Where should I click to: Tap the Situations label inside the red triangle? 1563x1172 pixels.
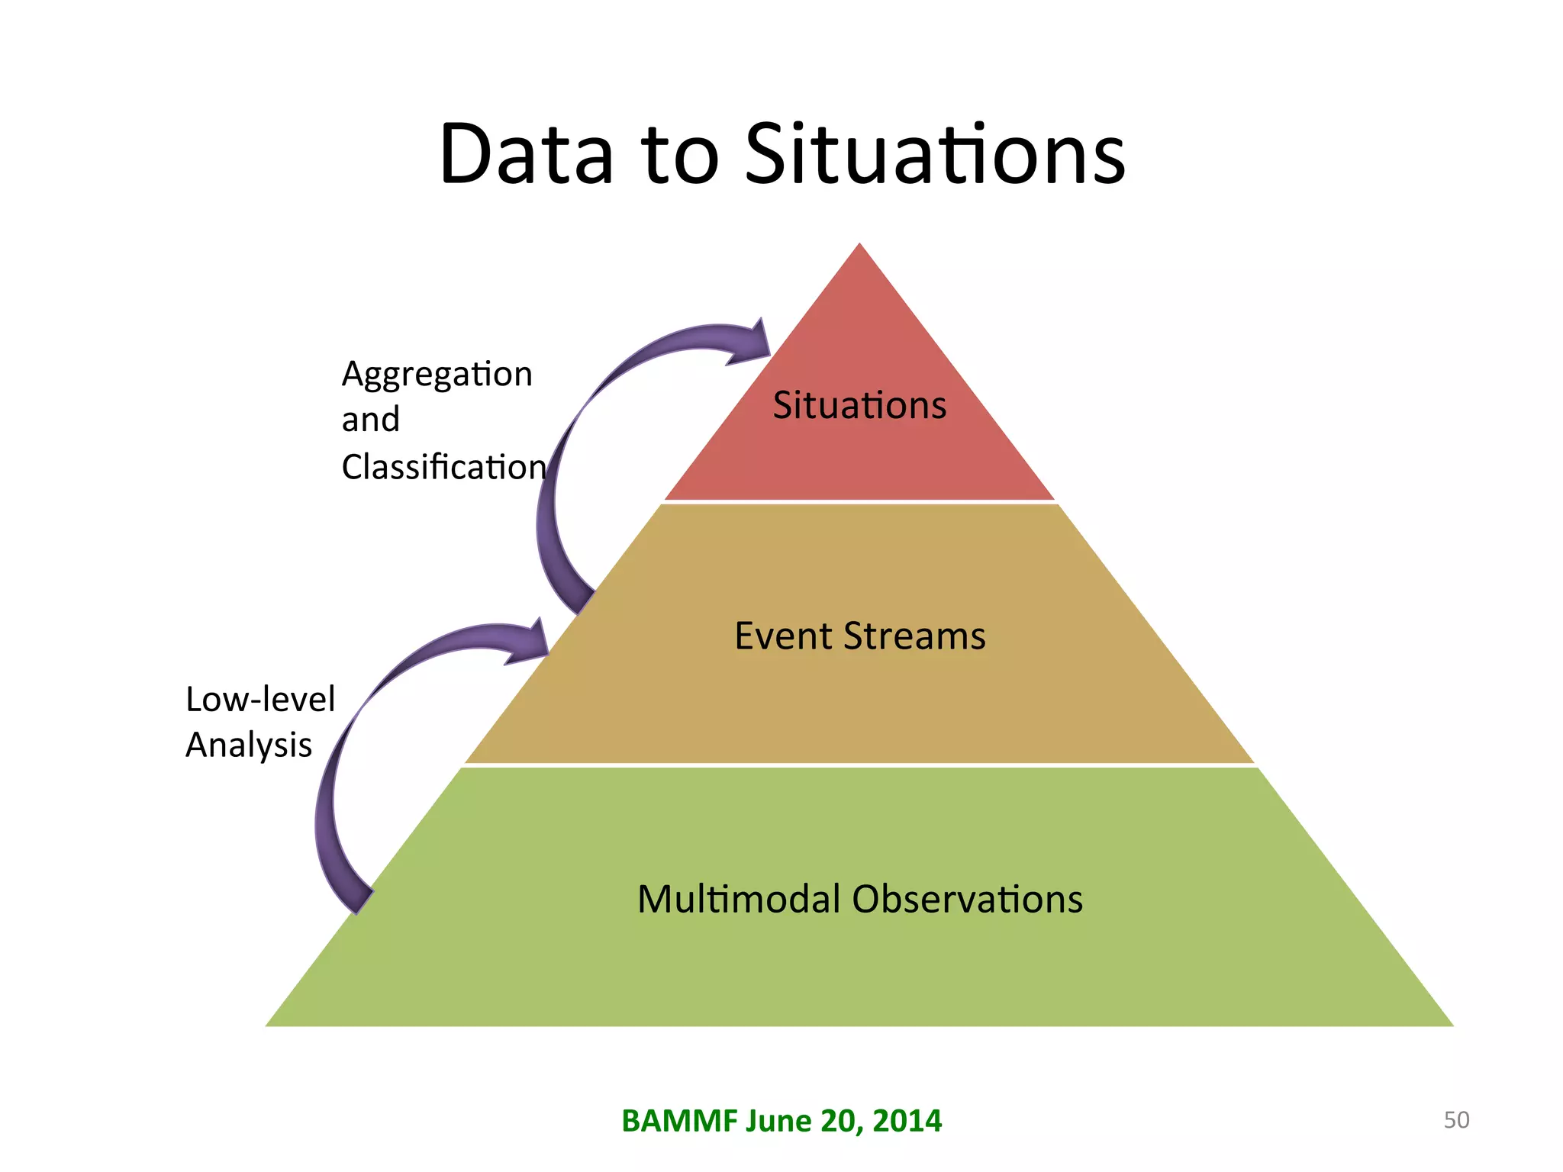(859, 405)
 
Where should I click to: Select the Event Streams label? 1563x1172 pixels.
(859, 636)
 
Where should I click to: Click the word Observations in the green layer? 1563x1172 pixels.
(967, 899)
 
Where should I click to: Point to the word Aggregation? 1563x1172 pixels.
(437, 375)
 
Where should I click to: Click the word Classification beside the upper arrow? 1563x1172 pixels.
(443, 467)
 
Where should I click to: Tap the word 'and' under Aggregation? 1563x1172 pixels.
(370, 420)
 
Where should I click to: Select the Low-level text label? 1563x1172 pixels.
(260, 699)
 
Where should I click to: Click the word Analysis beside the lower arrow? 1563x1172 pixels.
(249, 745)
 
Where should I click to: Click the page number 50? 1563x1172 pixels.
(1456, 1120)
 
